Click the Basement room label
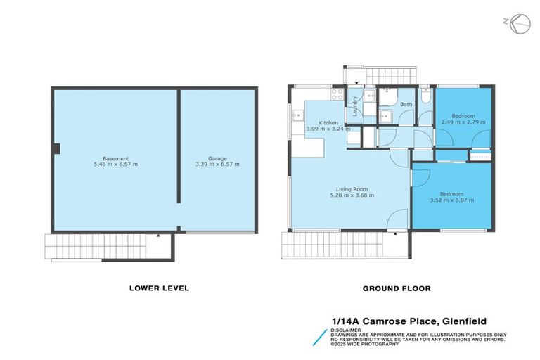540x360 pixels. pyautogui.click(x=115, y=158)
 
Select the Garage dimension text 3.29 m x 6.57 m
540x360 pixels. pyautogui.click(x=218, y=165)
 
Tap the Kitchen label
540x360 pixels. pyautogui.click(x=328, y=122)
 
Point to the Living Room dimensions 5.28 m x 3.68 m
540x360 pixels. pyautogui.click(x=351, y=195)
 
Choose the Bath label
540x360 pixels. pyautogui.click(x=406, y=105)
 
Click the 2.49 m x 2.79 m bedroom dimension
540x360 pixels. pyautogui.click(x=463, y=122)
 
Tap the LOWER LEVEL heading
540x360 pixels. pyautogui.click(x=159, y=288)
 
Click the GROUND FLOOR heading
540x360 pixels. pyautogui.click(x=397, y=288)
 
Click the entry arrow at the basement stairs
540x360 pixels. pyautogui.click(x=160, y=238)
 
